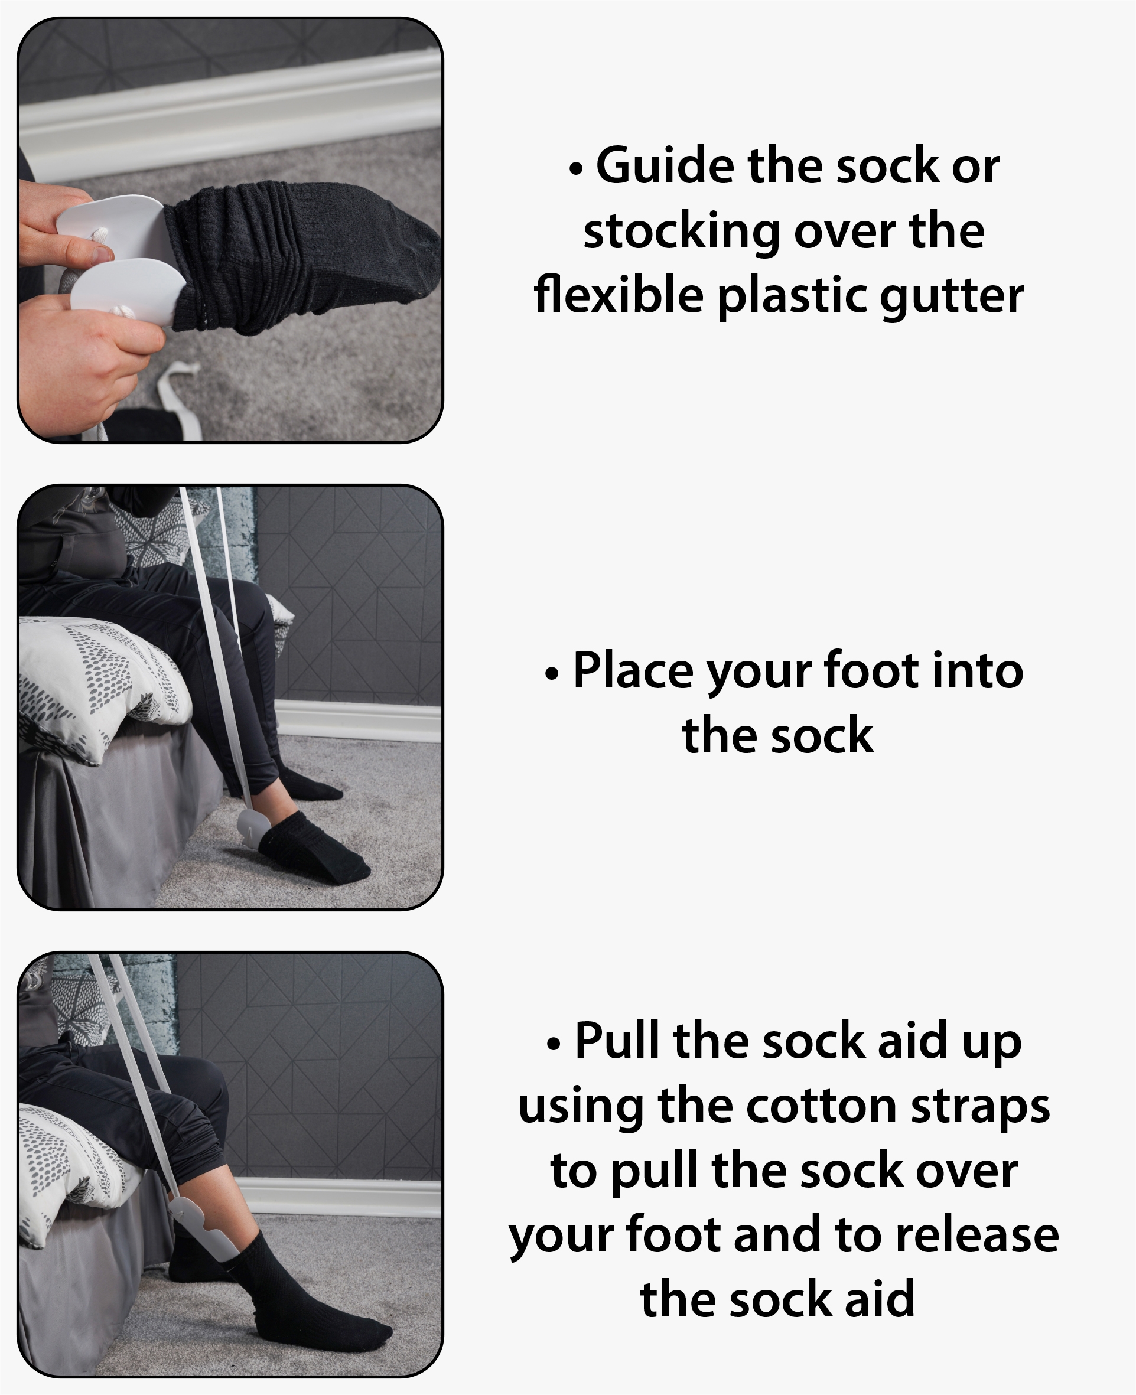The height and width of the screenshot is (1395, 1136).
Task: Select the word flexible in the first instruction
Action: [619, 295]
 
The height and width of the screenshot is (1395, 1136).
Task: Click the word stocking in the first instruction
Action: [681, 233]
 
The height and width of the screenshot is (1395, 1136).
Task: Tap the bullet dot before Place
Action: [552, 674]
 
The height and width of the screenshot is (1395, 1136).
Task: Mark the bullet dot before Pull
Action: [554, 1044]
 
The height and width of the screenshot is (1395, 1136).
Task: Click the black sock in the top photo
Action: [294, 255]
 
